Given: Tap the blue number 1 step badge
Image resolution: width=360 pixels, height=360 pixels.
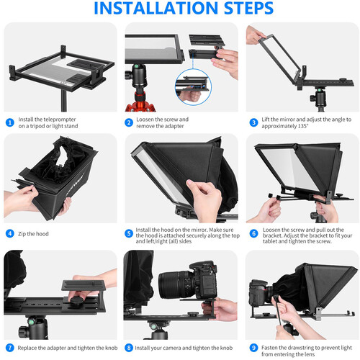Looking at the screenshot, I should pyautogui.click(x=9, y=122).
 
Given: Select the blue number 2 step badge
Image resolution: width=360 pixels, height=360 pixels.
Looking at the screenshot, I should pyautogui.click(x=130, y=122).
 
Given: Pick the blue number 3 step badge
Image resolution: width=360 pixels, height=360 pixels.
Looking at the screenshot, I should pyautogui.click(x=253, y=122).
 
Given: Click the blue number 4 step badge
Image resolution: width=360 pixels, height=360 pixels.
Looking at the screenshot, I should pyautogui.click(x=9, y=233).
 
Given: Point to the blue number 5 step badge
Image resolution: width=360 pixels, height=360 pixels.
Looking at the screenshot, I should pyautogui.click(x=130, y=233).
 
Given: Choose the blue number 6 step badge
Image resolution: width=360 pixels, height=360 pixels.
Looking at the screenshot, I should pyautogui.click(x=253, y=233).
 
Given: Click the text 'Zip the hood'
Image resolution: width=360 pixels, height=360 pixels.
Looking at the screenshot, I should pyautogui.click(x=34, y=233).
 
